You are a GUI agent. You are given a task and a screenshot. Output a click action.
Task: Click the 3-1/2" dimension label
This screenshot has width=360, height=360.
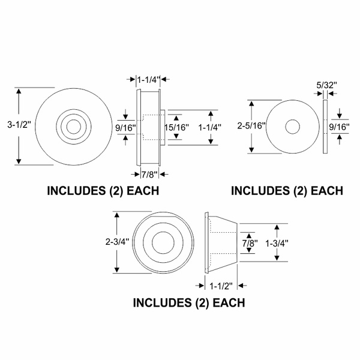coord(19,125)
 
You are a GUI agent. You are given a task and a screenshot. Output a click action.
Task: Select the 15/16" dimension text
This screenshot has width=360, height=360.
coord(176,127)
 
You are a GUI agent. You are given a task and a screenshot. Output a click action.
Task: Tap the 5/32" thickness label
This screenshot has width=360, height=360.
coord(326,85)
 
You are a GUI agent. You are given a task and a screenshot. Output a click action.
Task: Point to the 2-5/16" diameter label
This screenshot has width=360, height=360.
coord(251,126)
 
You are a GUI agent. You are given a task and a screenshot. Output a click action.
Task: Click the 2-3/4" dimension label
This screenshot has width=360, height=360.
coord(117,242)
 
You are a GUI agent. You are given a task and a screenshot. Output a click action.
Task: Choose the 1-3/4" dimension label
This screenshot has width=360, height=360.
coord(277,243)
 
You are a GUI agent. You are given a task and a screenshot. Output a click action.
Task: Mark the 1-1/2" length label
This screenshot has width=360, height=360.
coord(221,286)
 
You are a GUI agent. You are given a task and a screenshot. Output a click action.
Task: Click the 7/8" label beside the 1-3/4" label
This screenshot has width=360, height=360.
coord(250,243)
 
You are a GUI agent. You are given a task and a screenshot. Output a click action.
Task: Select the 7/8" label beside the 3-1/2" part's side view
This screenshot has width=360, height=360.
coord(149,175)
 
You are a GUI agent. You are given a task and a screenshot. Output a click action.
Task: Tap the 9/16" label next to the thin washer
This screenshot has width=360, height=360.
coord(340,127)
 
